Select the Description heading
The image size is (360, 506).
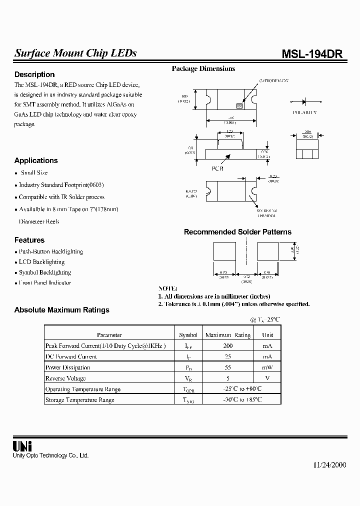pos(34,74)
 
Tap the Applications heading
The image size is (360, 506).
pos(36,160)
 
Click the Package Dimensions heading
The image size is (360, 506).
pos(203,69)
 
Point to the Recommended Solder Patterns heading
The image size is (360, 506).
pos(237,232)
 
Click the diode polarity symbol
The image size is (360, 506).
pos(304,101)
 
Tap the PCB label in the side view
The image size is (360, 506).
pos(217,168)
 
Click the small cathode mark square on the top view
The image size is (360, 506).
pos(239,106)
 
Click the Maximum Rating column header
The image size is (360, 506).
pos(228,335)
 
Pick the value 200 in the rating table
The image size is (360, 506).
pos(228,346)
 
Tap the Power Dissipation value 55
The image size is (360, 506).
pos(228,367)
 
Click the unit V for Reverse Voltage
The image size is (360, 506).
pos(267,378)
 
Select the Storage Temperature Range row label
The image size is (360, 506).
pos(80,400)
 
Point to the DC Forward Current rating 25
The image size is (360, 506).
pos(228,357)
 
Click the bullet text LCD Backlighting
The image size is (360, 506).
pos(41,262)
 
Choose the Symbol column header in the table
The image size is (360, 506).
pos(188,335)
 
